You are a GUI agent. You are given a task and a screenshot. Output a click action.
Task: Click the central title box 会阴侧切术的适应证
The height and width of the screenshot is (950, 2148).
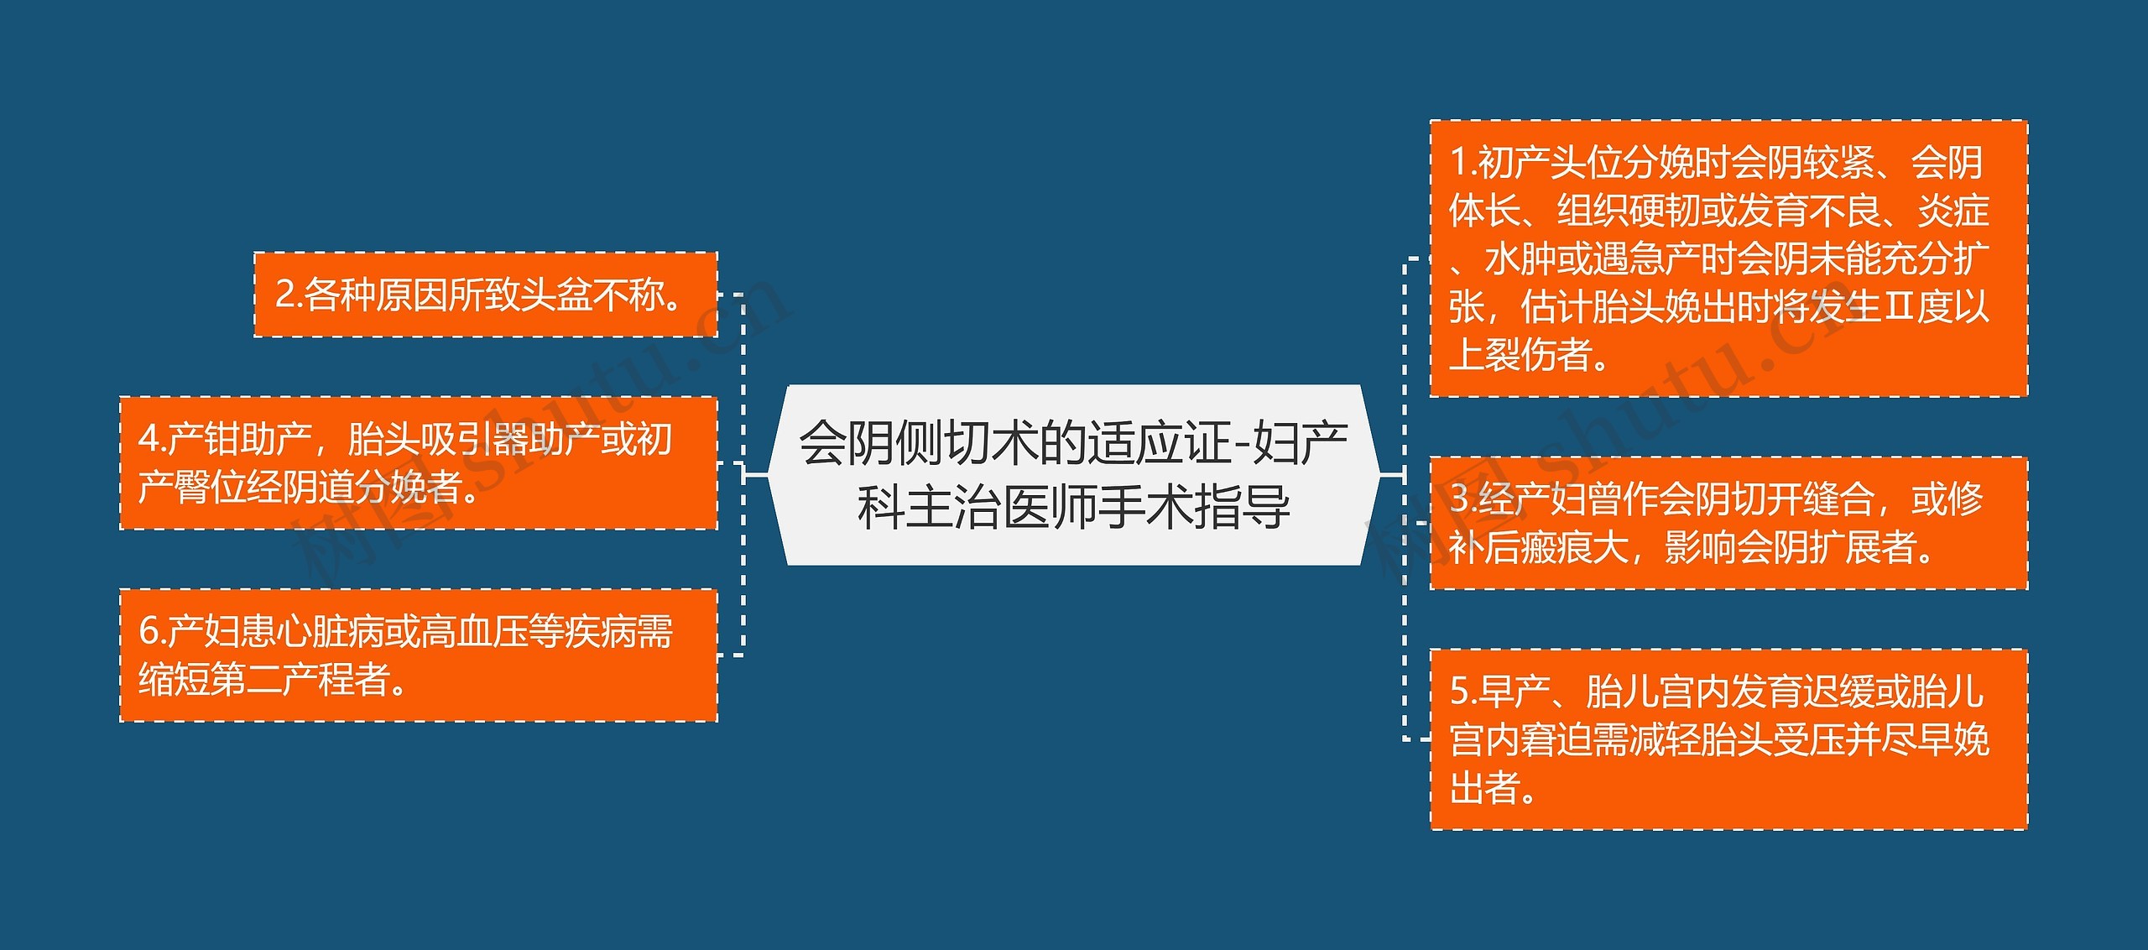1073,475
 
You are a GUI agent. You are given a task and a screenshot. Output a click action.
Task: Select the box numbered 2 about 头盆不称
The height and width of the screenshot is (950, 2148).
486,295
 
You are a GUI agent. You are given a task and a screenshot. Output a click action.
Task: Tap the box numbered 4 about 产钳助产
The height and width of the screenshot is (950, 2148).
418,463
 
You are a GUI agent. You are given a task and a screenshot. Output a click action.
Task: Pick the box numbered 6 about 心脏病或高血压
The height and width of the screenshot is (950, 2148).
418,655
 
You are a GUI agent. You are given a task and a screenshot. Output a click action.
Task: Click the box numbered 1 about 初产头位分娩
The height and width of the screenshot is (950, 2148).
1728,258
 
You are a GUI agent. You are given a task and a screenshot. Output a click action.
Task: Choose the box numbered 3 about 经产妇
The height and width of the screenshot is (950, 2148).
1728,523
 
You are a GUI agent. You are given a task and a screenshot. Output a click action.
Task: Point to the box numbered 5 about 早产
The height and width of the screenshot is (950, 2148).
1728,739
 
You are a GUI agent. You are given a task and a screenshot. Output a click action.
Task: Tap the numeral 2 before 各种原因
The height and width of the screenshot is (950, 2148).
285,295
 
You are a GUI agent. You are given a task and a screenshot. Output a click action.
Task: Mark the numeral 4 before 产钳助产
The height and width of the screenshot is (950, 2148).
149,440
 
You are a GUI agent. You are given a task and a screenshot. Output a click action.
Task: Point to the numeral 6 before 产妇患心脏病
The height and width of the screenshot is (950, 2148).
149,632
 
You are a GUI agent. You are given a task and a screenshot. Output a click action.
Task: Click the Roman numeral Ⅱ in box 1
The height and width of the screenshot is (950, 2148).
1898,307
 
